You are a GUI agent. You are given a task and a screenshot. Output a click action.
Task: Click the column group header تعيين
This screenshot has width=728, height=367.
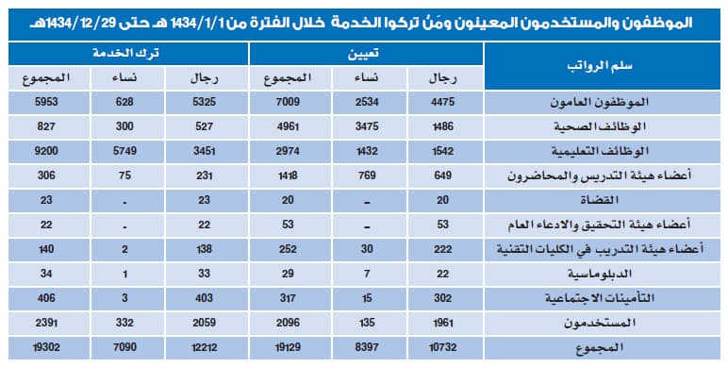[366, 56]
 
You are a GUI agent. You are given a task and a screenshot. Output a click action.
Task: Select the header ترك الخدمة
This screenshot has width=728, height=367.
[128, 56]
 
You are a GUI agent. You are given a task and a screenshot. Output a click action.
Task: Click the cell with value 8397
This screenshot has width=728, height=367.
[367, 347]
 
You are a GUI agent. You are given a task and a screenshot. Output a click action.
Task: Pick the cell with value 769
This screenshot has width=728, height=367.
[367, 176]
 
